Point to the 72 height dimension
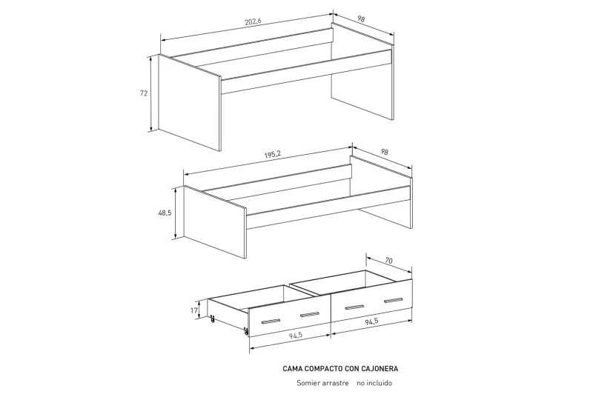point(144,93)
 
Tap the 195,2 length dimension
point(272,154)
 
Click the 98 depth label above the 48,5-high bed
point(384,152)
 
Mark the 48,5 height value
point(165,213)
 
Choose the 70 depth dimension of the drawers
point(389,261)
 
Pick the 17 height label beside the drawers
point(195,311)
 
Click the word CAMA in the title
point(294,367)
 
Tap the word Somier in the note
point(308,383)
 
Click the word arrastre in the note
point(337,383)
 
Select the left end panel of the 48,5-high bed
point(214,222)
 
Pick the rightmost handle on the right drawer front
point(394,301)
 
